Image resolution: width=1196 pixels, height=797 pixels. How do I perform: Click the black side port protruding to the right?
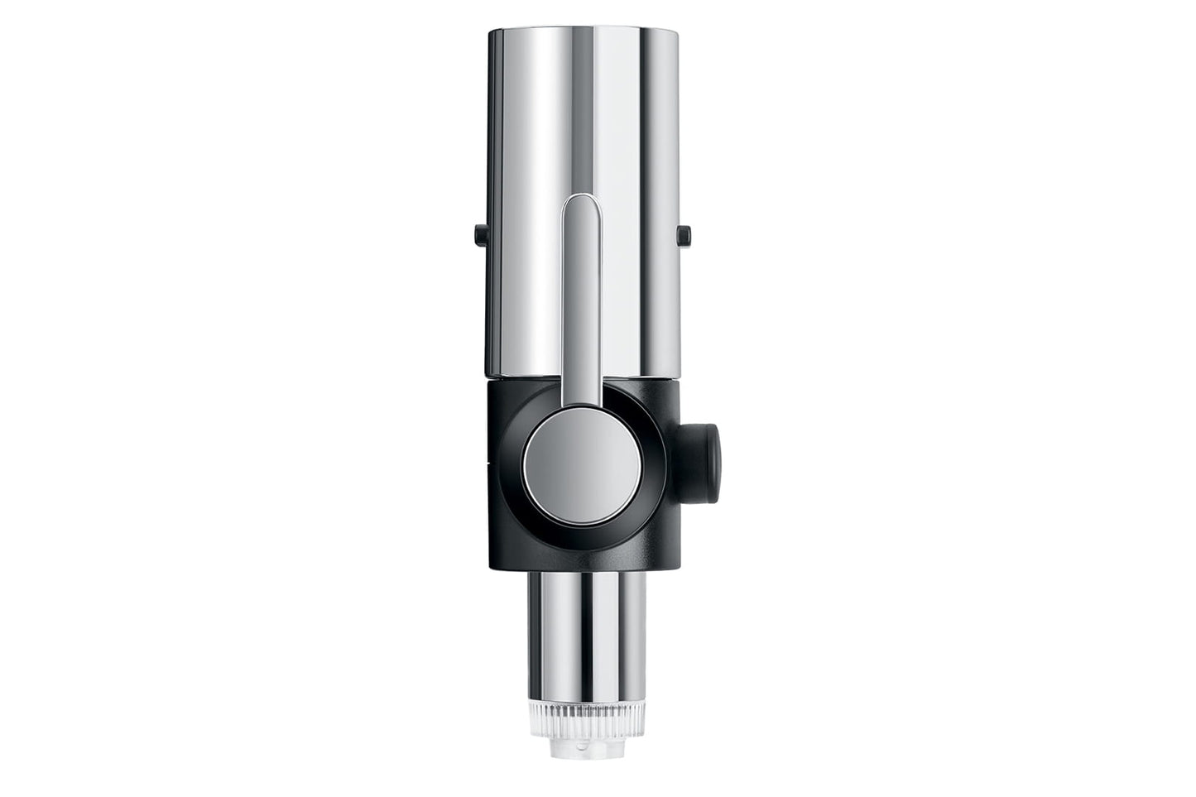(x=701, y=434)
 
